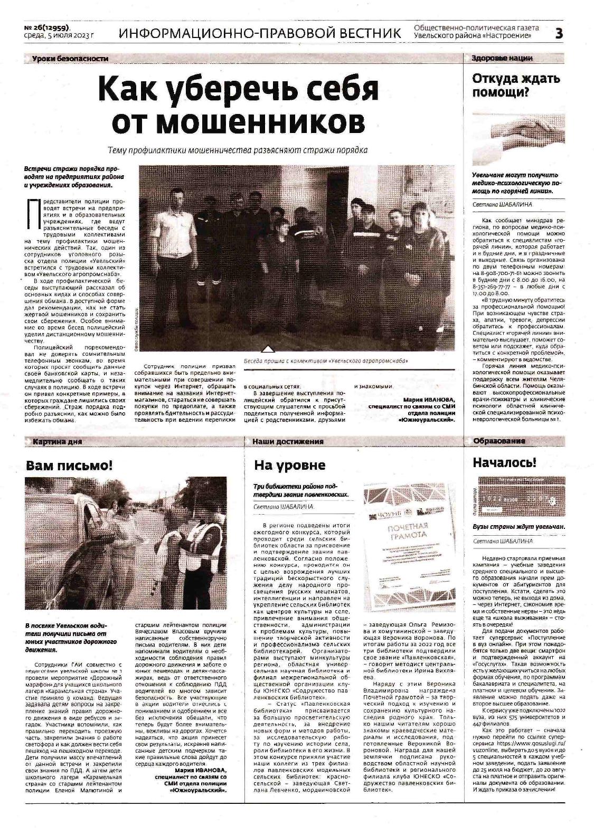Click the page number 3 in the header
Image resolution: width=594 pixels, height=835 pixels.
point(559,33)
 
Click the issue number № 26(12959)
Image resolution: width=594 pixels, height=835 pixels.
point(47,27)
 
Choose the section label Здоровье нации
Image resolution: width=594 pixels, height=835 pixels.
point(502,58)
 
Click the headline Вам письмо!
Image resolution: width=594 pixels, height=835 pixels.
point(70,466)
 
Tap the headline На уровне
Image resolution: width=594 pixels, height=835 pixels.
point(289,465)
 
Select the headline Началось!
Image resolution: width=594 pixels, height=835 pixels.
point(504,463)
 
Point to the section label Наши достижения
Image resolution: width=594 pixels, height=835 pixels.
point(287,441)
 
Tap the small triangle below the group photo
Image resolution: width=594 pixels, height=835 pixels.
point(268,349)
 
